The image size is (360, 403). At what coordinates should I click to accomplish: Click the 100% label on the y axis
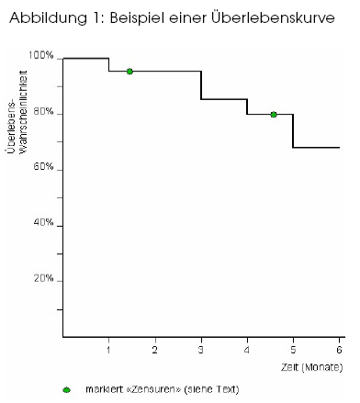(x=41, y=55)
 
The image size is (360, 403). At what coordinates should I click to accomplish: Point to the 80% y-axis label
(x=43, y=112)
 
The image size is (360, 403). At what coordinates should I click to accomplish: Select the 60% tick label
(x=43, y=167)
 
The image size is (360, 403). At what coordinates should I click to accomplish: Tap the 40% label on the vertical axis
(x=43, y=222)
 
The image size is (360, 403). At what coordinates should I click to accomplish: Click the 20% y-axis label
(x=43, y=278)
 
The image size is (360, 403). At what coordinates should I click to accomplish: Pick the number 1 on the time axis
(x=108, y=350)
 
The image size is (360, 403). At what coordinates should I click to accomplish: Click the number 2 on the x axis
(x=155, y=350)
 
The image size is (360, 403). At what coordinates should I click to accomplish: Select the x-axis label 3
(x=201, y=350)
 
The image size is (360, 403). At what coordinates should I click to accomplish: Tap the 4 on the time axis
(x=247, y=350)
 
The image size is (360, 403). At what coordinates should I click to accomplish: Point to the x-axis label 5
(x=293, y=350)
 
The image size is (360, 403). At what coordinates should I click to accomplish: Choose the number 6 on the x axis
(x=339, y=350)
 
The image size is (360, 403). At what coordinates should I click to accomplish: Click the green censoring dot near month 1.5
(x=129, y=72)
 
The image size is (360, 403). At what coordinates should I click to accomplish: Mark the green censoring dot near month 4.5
(x=274, y=115)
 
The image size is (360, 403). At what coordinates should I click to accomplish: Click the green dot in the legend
(x=66, y=390)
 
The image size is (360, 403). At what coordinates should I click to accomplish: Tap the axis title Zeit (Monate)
(x=312, y=367)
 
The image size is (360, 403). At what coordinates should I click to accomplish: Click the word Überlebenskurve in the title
(x=273, y=17)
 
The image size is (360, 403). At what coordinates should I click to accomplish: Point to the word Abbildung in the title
(x=48, y=18)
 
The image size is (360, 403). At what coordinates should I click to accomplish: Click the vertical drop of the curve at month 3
(x=201, y=85)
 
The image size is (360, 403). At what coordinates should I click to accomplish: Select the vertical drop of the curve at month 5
(x=293, y=131)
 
